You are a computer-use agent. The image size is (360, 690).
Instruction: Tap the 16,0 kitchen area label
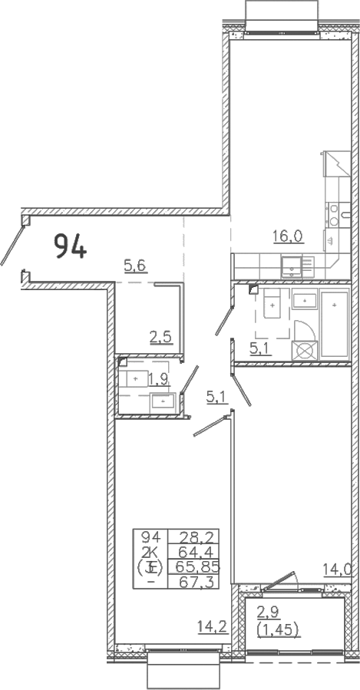pyautogui.click(x=288, y=236)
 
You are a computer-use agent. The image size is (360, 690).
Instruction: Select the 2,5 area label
pyautogui.click(x=160, y=338)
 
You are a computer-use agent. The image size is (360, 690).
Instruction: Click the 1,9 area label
pyautogui.click(x=159, y=378)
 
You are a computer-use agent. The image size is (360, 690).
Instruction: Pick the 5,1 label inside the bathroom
pyautogui.click(x=260, y=349)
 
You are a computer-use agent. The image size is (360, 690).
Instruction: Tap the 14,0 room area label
pyautogui.click(x=338, y=569)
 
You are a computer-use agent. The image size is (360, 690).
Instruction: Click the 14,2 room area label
pyautogui.click(x=212, y=626)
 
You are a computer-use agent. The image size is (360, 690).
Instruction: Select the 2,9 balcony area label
pyautogui.click(x=268, y=612)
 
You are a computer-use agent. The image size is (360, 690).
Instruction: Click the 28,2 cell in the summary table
pyautogui.click(x=193, y=536)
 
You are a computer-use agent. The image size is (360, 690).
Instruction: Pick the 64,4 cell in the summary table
pyautogui.click(x=193, y=551)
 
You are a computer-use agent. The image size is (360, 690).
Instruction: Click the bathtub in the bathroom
pyautogui.click(x=335, y=325)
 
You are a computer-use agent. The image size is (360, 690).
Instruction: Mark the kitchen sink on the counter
pyautogui.click(x=292, y=266)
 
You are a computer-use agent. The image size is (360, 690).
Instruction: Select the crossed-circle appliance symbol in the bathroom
pyautogui.click(x=305, y=352)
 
